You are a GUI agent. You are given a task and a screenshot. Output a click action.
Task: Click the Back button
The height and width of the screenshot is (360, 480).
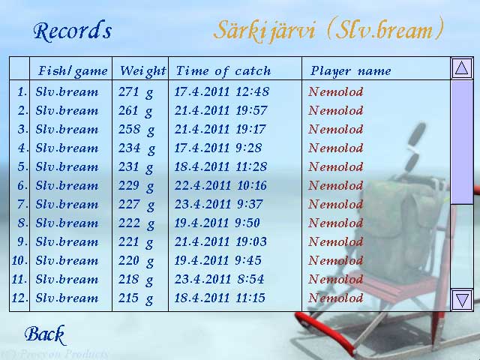(x=45, y=334)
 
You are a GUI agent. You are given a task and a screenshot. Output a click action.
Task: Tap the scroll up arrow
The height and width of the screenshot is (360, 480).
(x=462, y=68)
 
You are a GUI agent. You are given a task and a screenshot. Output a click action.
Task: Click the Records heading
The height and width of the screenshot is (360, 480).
(x=73, y=31)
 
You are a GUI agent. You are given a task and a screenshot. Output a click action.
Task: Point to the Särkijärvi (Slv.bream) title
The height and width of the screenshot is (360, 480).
(x=328, y=30)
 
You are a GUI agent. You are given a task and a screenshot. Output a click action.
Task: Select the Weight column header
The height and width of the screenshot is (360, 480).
(x=143, y=71)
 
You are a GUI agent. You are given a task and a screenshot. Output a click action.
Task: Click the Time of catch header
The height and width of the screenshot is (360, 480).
(x=223, y=71)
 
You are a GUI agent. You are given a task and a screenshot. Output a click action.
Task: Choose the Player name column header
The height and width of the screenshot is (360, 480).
(x=351, y=71)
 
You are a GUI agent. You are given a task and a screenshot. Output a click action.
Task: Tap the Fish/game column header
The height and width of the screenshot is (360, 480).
(x=73, y=71)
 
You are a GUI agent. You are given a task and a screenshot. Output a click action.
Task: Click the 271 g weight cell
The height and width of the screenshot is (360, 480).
(x=136, y=91)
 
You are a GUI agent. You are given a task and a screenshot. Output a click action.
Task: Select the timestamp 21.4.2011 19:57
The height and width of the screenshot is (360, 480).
(x=221, y=110)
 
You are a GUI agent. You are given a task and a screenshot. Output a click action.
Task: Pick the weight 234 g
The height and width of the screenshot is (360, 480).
(x=136, y=148)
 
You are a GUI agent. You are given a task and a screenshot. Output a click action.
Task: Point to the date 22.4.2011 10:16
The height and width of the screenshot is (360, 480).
(x=220, y=185)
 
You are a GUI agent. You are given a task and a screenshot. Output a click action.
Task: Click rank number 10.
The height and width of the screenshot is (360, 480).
(x=19, y=260)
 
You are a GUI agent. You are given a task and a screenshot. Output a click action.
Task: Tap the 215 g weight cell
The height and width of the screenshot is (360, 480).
(x=136, y=298)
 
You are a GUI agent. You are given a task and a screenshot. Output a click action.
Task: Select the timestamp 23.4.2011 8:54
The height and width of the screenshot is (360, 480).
(x=219, y=279)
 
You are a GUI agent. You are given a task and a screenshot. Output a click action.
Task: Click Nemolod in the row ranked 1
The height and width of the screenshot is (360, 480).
(x=336, y=91)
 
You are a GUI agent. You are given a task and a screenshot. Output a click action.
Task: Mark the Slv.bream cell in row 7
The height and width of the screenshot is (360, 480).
(x=67, y=204)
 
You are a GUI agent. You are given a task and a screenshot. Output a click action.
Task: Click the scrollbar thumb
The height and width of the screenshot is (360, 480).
(x=462, y=142)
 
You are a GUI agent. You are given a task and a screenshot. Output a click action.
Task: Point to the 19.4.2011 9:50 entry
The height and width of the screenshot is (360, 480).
(x=217, y=223)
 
